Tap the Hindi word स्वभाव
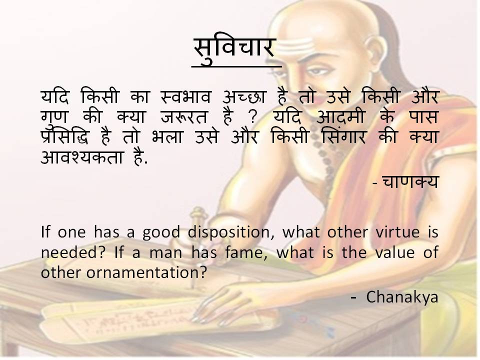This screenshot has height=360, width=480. coord(186,96)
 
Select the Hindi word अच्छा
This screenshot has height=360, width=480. coord(243,96)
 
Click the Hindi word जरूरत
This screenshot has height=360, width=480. coord(184,117)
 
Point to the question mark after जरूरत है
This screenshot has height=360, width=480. coord(253,117)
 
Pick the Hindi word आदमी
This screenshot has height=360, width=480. coord(340,117)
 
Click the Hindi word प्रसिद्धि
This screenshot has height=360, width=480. coord(65,136)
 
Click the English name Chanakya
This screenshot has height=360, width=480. coord(402,297)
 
